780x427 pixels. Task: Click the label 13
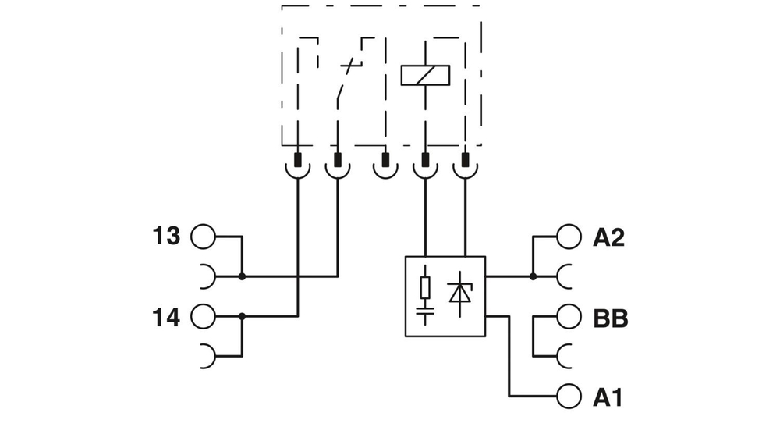click(x=165, y=236)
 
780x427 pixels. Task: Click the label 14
click(x=165, y=318)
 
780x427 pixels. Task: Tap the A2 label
click(x=608, y=237)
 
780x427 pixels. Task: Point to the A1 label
click(x=608, y=398)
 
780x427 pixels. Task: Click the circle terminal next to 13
click(x=203, y=237)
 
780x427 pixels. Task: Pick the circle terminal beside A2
click(x=569, y=237)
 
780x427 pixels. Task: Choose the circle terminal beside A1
click(x=569, y=397)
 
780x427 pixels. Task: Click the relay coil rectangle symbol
click(x=425, y=74)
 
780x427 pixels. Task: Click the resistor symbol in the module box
click(x=425, y=287)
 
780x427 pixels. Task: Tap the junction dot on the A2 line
click(x=533, y=276)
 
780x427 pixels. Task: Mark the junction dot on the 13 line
click(x=242, y=276)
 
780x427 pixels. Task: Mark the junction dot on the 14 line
click(x=242, y=316)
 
